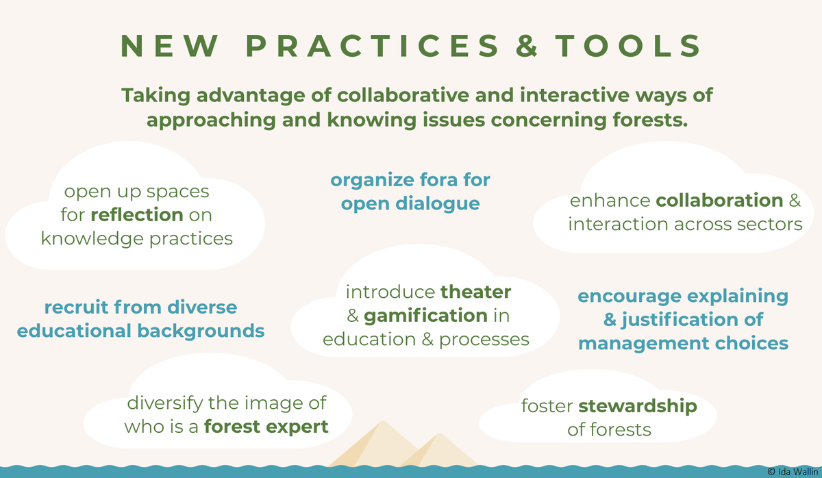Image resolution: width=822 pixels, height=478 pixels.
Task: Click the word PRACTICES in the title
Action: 373,46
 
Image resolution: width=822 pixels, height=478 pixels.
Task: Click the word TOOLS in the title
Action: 628,46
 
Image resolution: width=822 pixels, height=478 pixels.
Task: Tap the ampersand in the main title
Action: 527,46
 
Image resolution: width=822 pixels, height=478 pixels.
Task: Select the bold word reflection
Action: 137,214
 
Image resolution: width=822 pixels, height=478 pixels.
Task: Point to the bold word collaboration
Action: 719,200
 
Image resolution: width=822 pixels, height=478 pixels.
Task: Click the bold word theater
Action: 475,292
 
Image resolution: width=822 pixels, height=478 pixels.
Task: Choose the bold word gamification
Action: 425,316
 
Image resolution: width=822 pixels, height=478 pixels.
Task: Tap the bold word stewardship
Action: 638,407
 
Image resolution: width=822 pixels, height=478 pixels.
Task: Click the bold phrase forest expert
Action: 266,427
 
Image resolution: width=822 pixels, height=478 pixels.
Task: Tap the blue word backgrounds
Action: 201,331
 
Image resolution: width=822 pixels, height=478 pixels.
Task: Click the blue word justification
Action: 676,320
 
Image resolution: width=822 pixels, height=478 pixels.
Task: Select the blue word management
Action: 644,344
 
